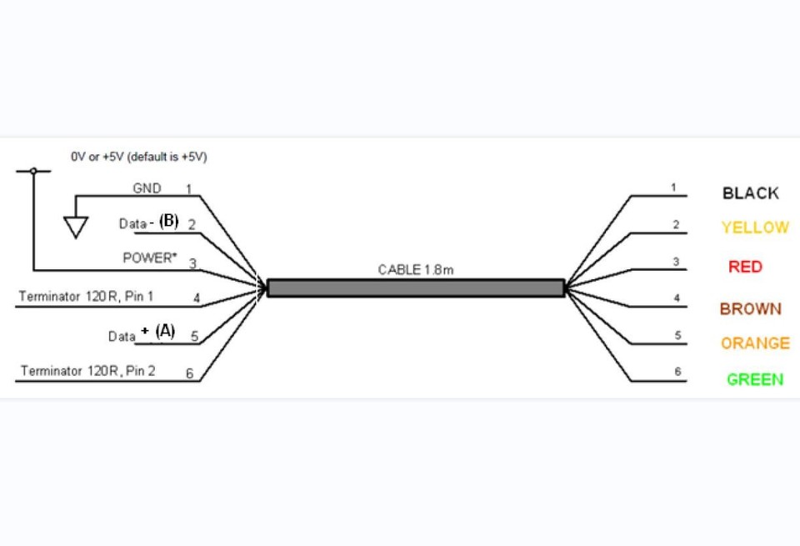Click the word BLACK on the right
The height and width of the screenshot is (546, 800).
pyautogui.click(x=751, y=193)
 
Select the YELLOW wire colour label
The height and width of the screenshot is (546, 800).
pyautogui.click(x=755, y=227)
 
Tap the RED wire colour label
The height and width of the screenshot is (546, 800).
pyautogui.click(x=745, y=267)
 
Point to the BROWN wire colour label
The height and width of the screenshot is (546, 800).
pyautogui.click(x=751, y=308)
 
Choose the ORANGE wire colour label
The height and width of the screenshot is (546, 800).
pyautogui.click(x=755, y=343)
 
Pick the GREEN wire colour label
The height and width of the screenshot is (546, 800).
pyautogui.click(x=755, y=379)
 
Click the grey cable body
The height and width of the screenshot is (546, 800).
pyautogui.click(x=416, y=288)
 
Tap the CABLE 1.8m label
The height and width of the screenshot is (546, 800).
pyautogui.click(x=416, y=269)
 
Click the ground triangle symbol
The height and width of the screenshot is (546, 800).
pyautogui.click(x=76, y=227)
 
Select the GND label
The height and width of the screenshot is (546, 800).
pyautogui.click(x=147, y=188)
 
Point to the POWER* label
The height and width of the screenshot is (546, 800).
pyautogui.click(x=149, y=258)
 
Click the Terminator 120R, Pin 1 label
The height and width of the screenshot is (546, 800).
pyautogui.click(x=86, y=296)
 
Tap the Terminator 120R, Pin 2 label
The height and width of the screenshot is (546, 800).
pyautogui.click(x=87, y=370)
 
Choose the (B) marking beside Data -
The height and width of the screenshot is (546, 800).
pyautogui.click(x=169, y=221)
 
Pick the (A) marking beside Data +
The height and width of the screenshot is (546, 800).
pyautogui.click(x=165, y=331)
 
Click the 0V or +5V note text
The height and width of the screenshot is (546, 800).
pyautogui.click(x=139, y=157)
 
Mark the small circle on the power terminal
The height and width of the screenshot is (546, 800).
pyautogui.click(x=33, y=171)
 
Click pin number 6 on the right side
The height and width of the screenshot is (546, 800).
pyautogui.click(x=677, y=371)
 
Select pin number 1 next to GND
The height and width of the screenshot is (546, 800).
pyautogui.click(x=189, y=189)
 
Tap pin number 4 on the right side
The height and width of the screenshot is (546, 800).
pyautogui.click(x=677, y=298)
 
